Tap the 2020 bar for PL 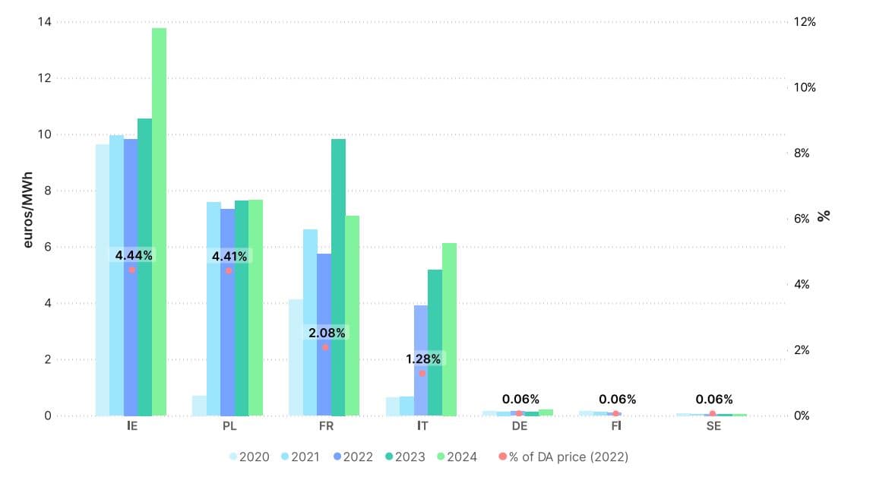pyautogui.click(x=199, y=406)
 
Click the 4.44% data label pyautogui.click(x=134, y=256)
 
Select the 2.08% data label pyautogui.click(x=327, y=333)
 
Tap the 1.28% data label pyautogui.click(x=422, y=359)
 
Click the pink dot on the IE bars pyautogui.click(x=131, y=270)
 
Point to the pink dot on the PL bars pyautogui.click(x=229, y=270)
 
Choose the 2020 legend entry pyautogui.click(x=248, y=457)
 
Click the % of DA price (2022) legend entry pyautogui.click(x=564, y=457)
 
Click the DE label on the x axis pyautogui.click(x=520, y=426)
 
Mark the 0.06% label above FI pyautogui.click(x=617, y=400)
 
